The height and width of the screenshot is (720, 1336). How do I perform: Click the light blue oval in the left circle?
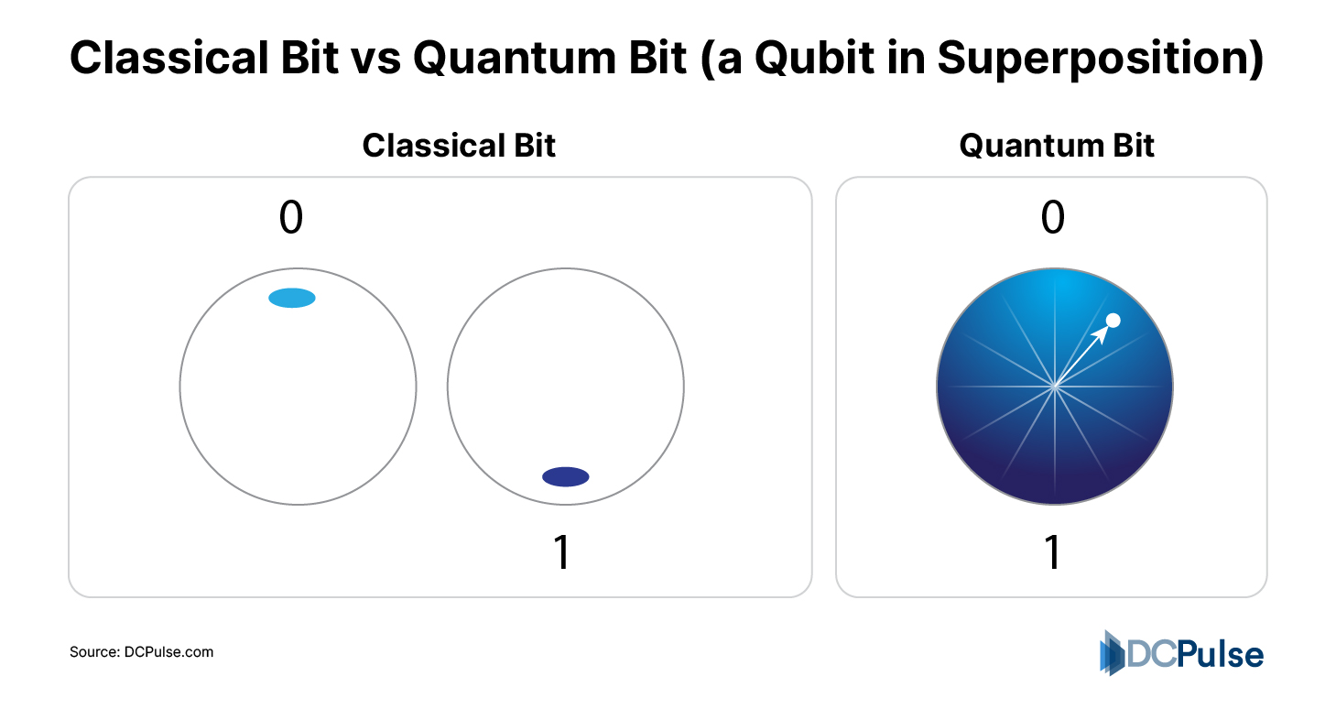click(x=292, y=297)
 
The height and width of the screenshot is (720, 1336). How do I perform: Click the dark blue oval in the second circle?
click(x=565, y=476)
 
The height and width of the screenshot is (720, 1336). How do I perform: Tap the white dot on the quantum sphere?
click(x=1113, y=320)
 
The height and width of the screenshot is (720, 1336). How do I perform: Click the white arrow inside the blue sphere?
click(x=1085, y=353)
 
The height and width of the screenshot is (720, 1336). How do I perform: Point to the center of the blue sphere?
click(x=1055, y=387)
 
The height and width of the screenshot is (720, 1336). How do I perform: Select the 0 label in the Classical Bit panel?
click(x=290, y=219)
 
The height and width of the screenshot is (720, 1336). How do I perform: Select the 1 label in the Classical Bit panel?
click(x=562, y=553)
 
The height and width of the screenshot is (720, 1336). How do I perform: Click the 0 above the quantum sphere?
click(x=1053, y=219)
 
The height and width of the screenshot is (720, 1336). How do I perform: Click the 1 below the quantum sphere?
click(x=1053, y=553)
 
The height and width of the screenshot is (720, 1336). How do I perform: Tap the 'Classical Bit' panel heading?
click(x=459, y=146)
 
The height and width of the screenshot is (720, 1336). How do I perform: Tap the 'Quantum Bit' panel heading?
click(x=1057, y=146)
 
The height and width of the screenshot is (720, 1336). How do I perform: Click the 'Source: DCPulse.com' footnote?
click(x=141, y=652)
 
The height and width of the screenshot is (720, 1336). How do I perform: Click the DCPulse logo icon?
click(x=1112, y=652)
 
